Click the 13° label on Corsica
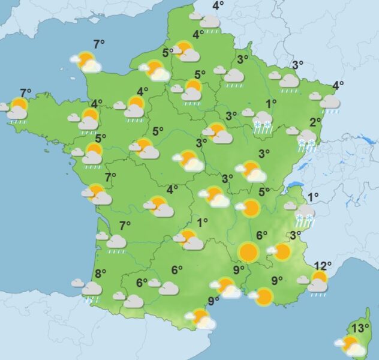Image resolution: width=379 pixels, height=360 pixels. (360, 328)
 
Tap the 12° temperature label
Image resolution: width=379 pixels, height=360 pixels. (323, 266)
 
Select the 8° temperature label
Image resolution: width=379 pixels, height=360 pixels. (100, 273)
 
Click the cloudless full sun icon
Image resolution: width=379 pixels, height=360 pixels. (247, 251)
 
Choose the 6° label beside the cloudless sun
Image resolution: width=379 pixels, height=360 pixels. (261, 235)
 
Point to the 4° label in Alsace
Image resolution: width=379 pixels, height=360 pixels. (338, 85)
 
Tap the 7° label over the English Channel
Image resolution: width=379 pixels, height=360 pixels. (99, 43)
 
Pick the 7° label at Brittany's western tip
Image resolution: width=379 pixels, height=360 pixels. (25, 93)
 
